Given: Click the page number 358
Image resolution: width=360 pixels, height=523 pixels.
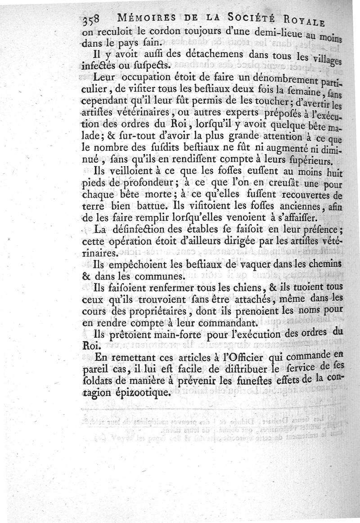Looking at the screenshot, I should click(93, 20).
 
